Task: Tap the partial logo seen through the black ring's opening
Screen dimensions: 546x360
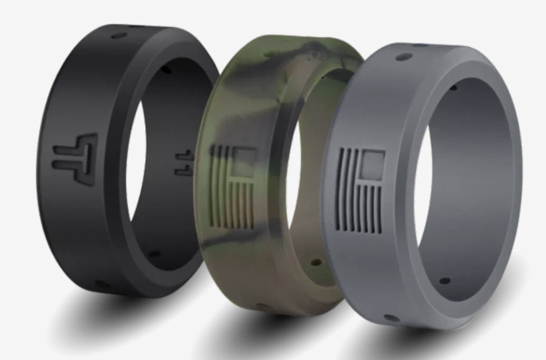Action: (185, 161)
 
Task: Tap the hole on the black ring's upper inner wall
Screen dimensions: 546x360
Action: (167, 69)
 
